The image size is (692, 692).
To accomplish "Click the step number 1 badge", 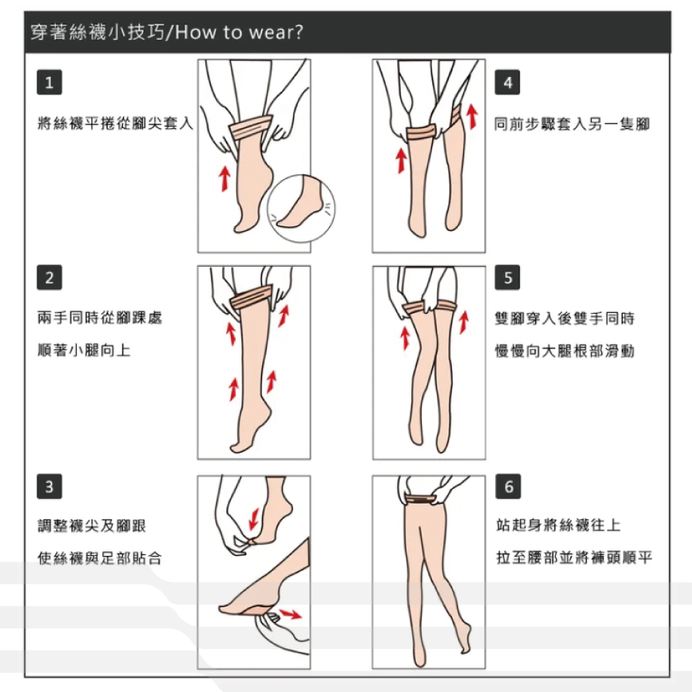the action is click(x=49, y=82).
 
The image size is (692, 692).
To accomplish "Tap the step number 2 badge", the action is click(x=49, y=278).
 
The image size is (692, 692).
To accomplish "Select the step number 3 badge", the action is click(x=49, y=487).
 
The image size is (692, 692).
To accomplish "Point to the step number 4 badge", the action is click(x=507, y=82).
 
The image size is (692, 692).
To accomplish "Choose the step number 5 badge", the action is click(x=507, y=278).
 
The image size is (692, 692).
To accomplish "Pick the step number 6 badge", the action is click(x=508, y=487).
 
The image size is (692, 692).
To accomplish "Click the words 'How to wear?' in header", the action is click(x=239, y=32).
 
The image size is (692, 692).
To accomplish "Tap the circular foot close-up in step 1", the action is click(x=301, y=208).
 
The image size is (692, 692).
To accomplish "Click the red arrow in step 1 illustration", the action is click(x=225, y=178).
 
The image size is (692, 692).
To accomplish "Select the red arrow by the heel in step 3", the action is click(x=291, y=614).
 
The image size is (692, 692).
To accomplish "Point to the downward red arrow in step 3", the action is click(x=254, y=518).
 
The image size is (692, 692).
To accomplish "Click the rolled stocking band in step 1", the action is click(x=250, y=127).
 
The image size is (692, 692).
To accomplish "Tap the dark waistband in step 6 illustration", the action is click(x=421, y=499).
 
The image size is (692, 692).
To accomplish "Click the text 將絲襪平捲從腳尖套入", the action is click(x=115, y=123).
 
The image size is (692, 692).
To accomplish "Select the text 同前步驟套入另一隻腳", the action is click(x=572, y=124).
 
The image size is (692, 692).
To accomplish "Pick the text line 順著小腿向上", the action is click(x=85, y=350).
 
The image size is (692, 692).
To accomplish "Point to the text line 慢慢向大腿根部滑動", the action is click(x=564, y=351).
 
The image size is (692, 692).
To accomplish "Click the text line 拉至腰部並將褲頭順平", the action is click(x=574, y=557).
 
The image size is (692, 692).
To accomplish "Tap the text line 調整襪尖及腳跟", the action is click(x=91, y=526).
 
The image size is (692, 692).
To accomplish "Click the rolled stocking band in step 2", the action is click(x=251, y=298).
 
